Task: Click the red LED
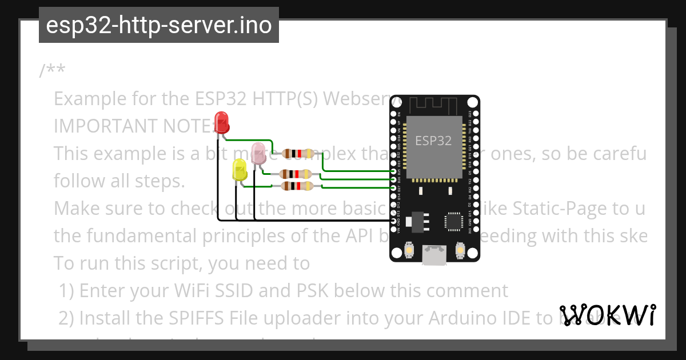click(221, 122)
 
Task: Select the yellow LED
click(240, 170)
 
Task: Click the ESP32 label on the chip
click(433, 141)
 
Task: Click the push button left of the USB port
click(409, 250)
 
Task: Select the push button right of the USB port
click(460, 250)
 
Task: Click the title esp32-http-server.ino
click(158, 25)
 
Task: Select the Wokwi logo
click(608, 315)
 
